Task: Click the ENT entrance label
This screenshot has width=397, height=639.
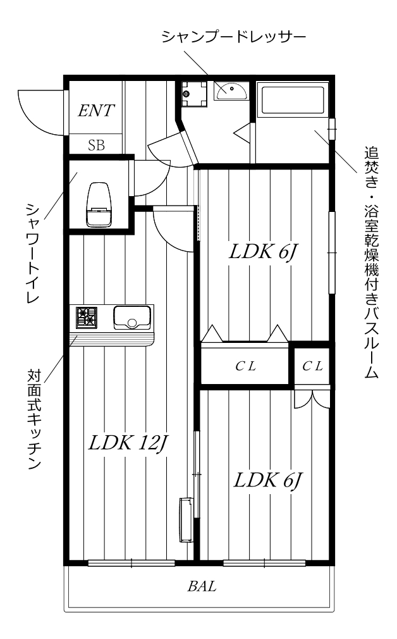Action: pyautogui.click(x=96, y=111)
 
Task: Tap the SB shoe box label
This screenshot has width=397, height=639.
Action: pyautogui.click(x=96, y=145)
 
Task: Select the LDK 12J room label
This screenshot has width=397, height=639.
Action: pyautogui.click(x=127, y=442)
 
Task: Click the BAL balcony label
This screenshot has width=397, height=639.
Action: pyautogui.click(x=202, y=586)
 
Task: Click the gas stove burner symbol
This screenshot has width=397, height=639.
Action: pyautogui.click(x=85, y=316)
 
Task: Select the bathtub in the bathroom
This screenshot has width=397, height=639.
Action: pyautogui.click(x=292, y=99)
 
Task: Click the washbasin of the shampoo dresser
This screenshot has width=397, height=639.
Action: pyautogui.click(x=230, y=92)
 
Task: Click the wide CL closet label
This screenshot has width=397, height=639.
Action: pyautogui.click(x=245, y=366)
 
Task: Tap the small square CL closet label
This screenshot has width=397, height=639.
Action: pyautogui.click(x=312, y=366)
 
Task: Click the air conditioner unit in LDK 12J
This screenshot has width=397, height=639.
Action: pyautogui.click(x=187, y=519)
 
